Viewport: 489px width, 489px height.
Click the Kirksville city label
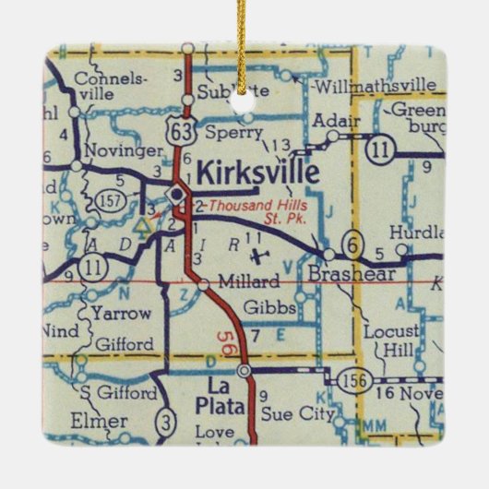(x=258, y=173)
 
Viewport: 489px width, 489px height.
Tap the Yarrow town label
(x=121, y=313)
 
